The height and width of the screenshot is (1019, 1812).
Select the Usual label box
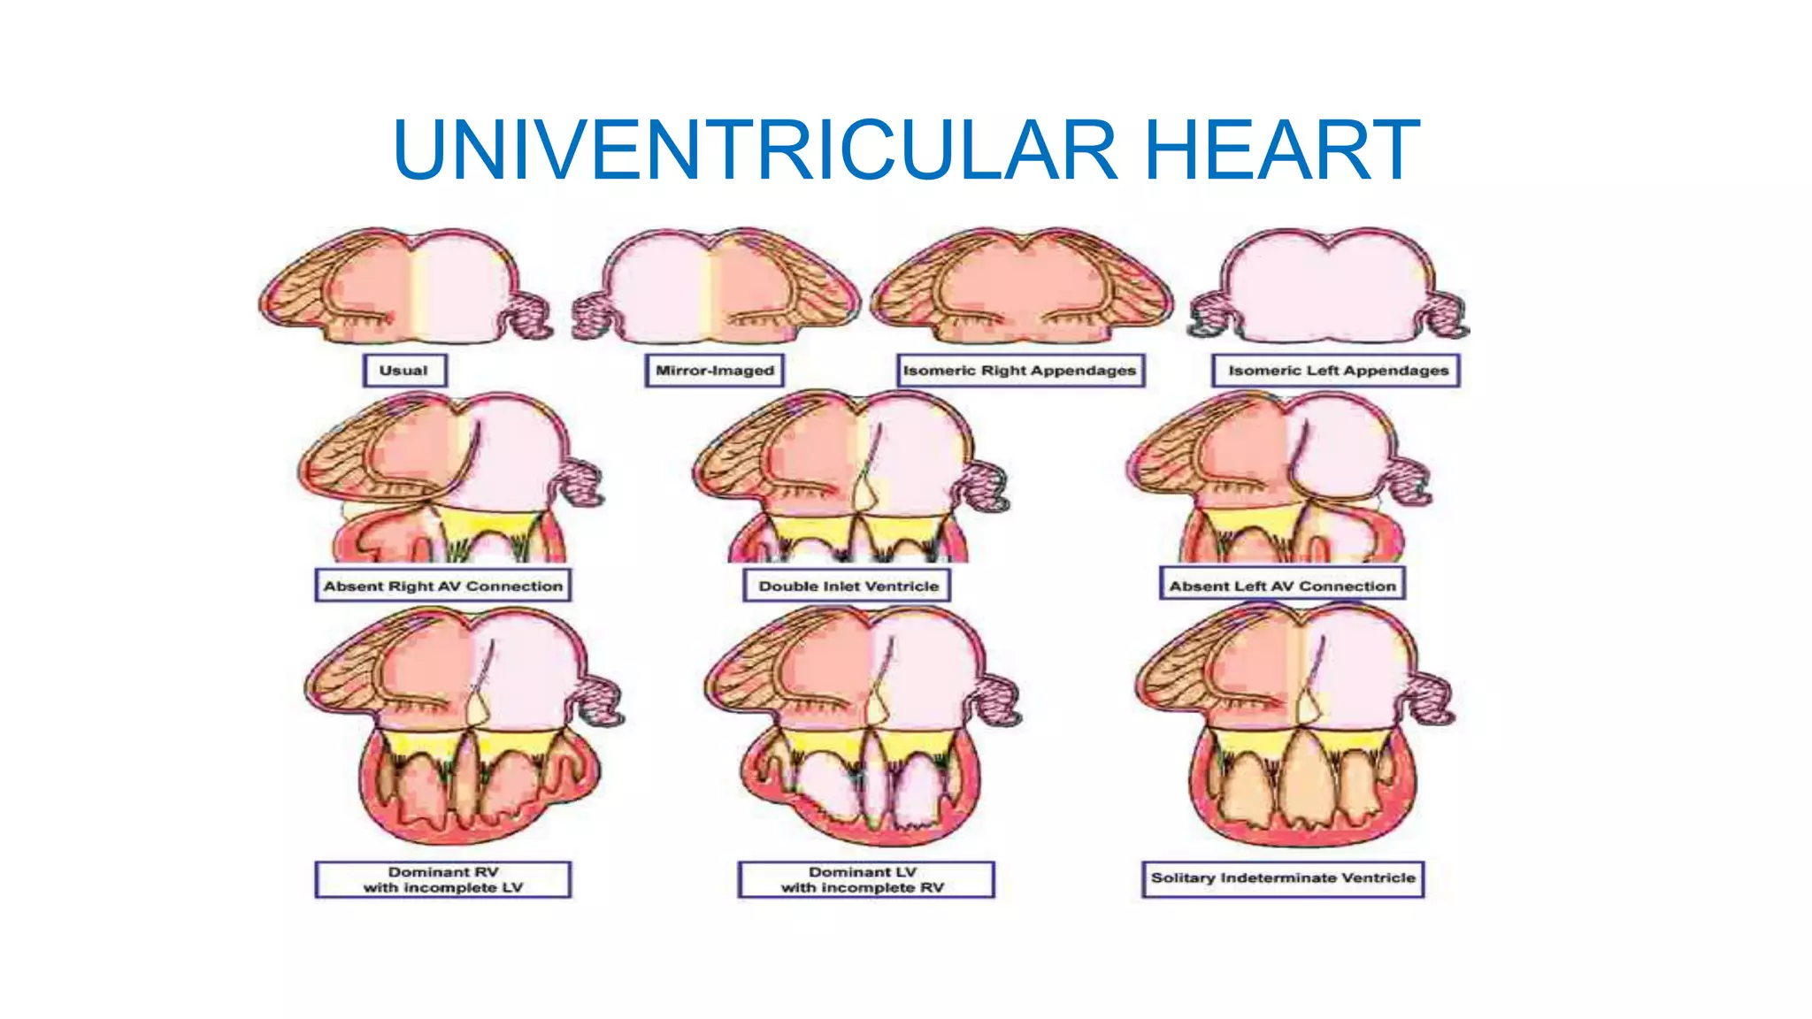pyautogui.click(x=404, y=371)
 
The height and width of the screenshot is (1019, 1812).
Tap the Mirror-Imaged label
pyautogui.click(x=714, y=371)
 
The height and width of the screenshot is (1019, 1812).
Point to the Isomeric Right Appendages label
pyautogui.click(x=1020, y=371)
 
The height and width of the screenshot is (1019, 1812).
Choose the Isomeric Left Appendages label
pyautogui.click(x=1336, y=371)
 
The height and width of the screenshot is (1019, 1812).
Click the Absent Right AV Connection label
pyautogui.click(x=442, y=586)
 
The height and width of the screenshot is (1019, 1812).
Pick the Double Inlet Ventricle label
pyautogui.click(x=847, y=586)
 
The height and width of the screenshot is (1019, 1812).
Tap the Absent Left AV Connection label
pyautogui.click(x=1281, y=586)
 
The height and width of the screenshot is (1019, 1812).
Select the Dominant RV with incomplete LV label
pyautogui.click(x=442, y=879)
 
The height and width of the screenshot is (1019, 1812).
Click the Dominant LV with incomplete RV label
pyautogui.click(x=865, y=879)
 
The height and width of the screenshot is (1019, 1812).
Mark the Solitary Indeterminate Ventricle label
pyautogui.click(x=1282, y=878)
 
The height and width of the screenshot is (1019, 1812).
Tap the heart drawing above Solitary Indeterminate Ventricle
pyautogui.click(x=1292, y=725)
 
